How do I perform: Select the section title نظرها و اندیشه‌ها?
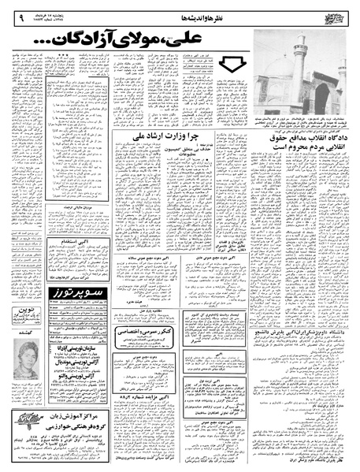tap(197, 11)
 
